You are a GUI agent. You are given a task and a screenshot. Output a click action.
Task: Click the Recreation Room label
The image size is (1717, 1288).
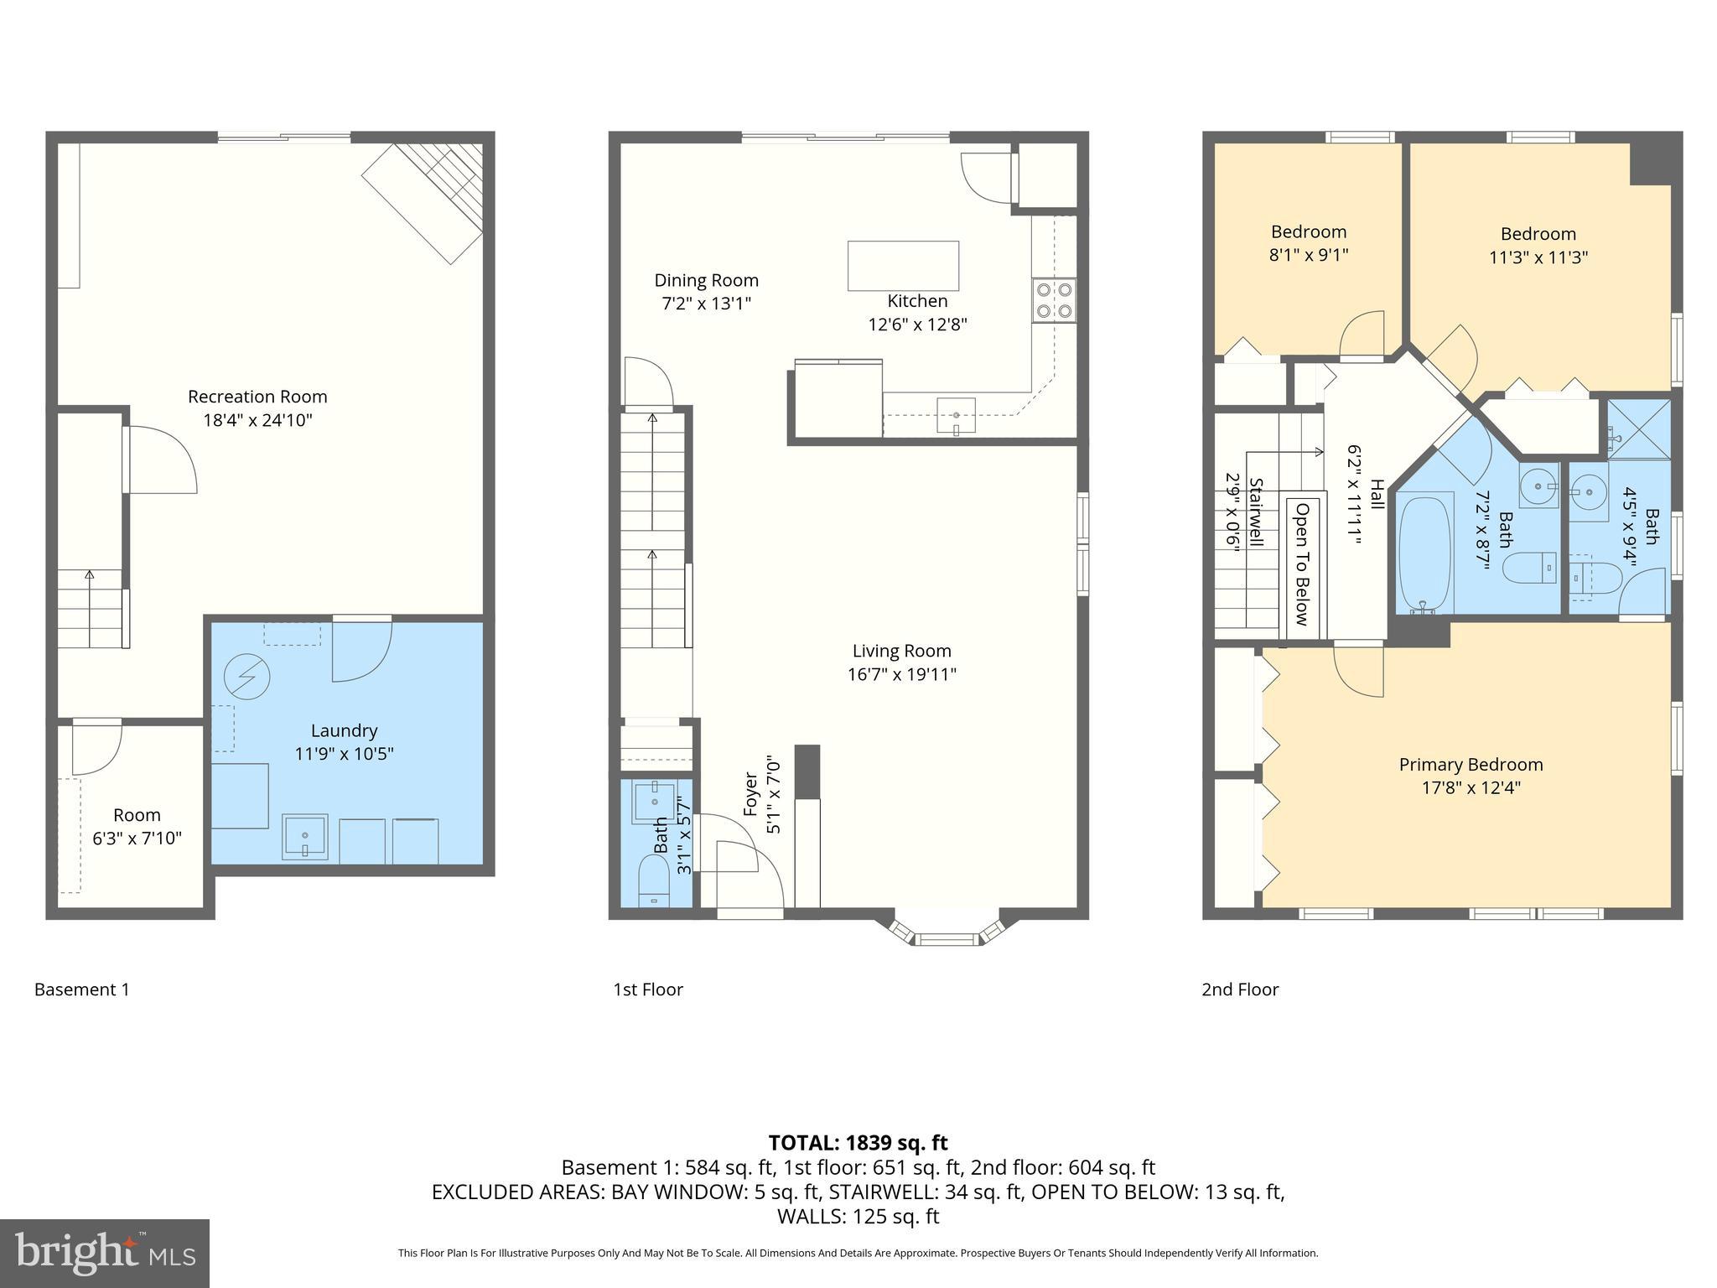tap(257, 397)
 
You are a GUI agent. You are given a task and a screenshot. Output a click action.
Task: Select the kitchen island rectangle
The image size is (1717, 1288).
tap(903, 266)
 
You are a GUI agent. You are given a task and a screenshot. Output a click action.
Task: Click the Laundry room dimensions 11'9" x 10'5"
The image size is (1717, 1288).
tap(344, 754)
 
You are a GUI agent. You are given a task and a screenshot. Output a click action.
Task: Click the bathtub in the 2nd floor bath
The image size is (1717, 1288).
tap(1425, 553)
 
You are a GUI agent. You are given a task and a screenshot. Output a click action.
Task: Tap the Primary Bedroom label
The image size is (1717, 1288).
tap(1471, 765)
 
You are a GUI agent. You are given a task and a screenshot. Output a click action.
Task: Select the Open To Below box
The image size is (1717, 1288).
tap(1303, 565)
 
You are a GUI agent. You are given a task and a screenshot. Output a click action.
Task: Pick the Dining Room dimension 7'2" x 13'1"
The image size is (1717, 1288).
tap(706, 304)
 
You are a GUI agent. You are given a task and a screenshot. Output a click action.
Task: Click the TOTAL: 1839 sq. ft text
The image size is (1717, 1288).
tap(858, 1143)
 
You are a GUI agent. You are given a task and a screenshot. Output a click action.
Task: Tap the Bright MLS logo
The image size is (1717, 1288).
tap(105, 1253)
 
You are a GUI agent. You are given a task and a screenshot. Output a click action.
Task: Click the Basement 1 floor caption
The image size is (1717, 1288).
tap(82, 989)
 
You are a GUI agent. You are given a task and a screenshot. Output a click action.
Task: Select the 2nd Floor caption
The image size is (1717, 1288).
tap(1240, 989)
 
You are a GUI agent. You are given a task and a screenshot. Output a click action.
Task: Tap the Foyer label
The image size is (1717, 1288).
tap(751, 792)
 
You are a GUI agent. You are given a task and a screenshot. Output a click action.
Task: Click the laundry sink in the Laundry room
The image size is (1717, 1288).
tap(305, 837)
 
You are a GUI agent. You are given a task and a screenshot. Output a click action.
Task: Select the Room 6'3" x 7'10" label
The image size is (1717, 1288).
tap(137, 826)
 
